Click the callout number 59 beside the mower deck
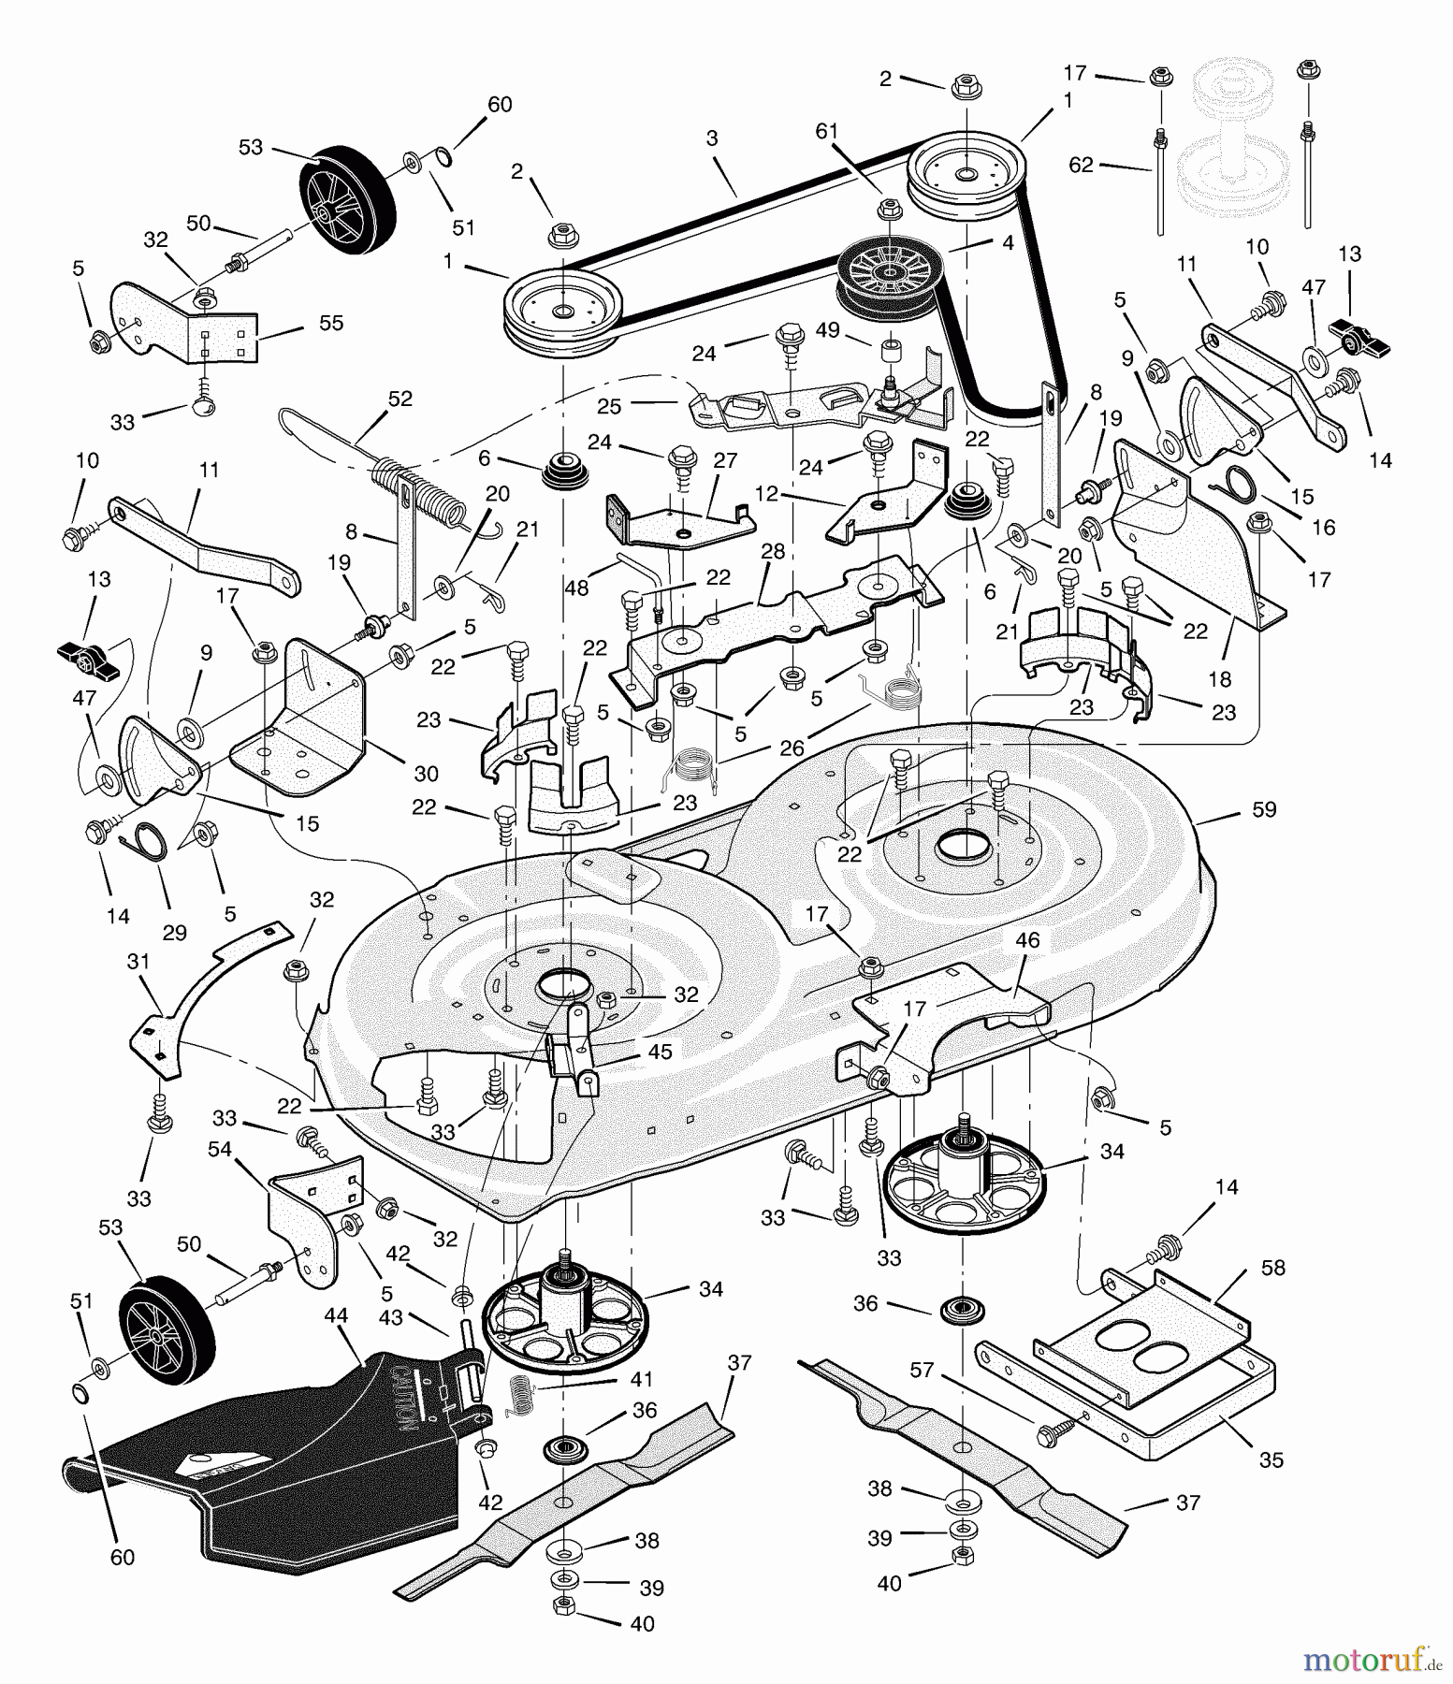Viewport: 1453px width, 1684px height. click(x=1263, y=809)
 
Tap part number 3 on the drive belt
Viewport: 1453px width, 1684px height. click(x=712, y=138)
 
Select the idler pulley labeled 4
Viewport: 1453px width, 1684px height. click(x=884, y=271)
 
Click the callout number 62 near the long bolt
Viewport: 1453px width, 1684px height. click(x=1081, y=167)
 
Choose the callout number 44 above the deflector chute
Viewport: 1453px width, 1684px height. click(x=336, y=1315)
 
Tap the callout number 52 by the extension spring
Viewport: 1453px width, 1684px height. click(x=400, y=399)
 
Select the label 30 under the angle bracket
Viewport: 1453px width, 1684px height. click(x=426, y=774)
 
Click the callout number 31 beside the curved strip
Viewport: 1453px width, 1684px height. click(x=138, y=962)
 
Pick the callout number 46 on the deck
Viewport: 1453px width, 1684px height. click(x=1027, y=940)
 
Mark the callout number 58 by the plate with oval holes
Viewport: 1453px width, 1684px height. click(x=1273, y=1268)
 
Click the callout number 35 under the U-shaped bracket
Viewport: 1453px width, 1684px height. click(x=1271, y=1459)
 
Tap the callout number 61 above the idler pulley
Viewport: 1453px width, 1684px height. click(x=826, y=131)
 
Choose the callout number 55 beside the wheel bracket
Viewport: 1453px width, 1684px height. click(x=331, y=323)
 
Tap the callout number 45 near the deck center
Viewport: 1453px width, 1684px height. click(x=660, y=1052)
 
